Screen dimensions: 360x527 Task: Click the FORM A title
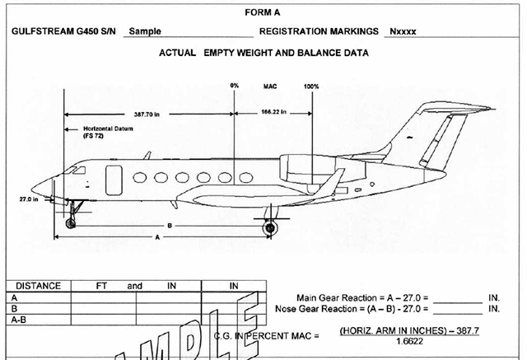click(x=263, y=12)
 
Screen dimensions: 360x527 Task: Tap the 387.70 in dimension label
click(x=152, y=114)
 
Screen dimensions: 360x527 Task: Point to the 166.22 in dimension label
click(x=273, y=112)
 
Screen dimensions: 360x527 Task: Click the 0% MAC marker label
click(x=235, y=86)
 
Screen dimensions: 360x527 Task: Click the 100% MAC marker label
click(x=311, y=86)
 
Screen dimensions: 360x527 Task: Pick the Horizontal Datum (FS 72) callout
click(x=107, y=133)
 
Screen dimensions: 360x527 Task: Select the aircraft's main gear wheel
click(x=268, y=228)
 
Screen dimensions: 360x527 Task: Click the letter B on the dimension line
click(x=169, y=224)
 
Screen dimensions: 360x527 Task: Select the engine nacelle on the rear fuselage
click(x=308, y=165)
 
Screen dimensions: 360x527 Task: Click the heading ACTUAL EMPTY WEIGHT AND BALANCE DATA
click(x=263, y=54)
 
